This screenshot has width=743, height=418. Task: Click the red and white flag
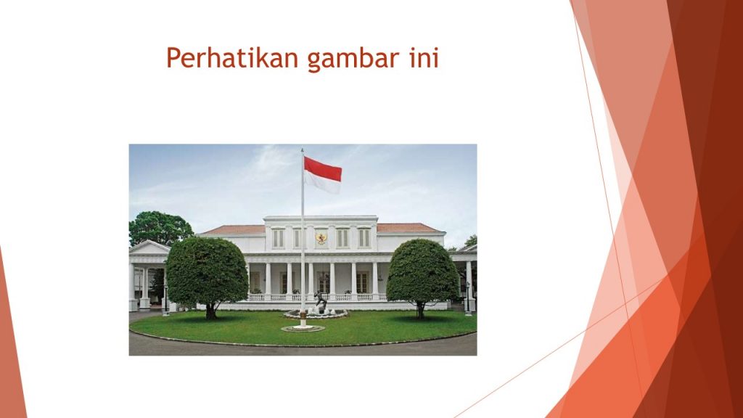322,175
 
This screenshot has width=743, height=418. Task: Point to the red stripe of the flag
323,169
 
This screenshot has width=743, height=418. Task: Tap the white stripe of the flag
321,182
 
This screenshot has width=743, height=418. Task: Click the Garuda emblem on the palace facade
321,238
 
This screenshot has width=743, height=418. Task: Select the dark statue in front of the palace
321,301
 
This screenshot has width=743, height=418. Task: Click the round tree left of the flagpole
207,273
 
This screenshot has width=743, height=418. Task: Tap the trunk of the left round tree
211,311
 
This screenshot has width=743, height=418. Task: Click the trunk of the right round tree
420,310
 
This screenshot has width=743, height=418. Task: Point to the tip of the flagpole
302,149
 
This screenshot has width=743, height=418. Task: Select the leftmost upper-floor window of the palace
278,238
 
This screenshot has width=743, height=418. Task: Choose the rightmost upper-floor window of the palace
364,238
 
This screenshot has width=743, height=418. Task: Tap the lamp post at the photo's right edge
468,298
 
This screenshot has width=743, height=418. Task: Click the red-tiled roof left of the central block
234,230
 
